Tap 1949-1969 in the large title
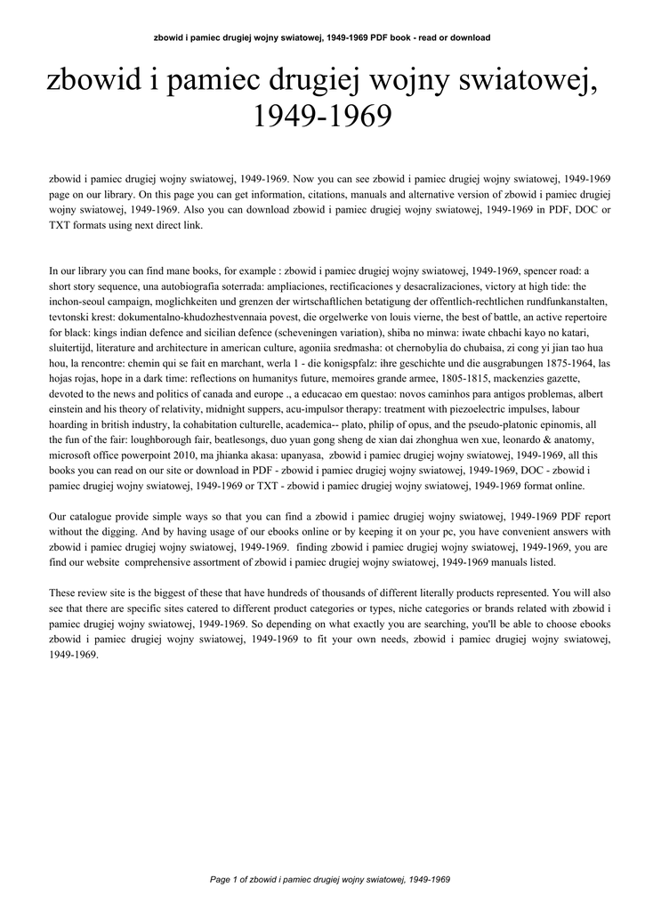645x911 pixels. click(322, 116)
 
